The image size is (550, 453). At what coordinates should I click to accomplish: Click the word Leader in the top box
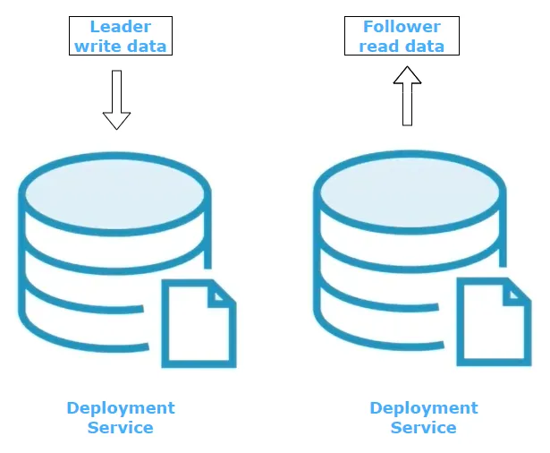point(121,27)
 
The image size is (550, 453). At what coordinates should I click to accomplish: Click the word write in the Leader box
point(96,45)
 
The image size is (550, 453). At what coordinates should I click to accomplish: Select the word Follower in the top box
point(402,27)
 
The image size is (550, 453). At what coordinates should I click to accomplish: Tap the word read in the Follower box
point(378,45)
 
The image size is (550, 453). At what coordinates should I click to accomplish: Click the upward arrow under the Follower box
point(407,98)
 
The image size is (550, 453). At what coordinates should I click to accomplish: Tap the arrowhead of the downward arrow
point(116,120)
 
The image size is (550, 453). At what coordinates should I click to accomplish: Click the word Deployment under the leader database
point(121,408)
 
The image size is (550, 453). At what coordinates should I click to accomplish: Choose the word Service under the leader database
point(121,427)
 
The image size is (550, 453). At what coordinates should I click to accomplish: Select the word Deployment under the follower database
point(424,408)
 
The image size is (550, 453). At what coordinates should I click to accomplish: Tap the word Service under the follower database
point(424,427)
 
